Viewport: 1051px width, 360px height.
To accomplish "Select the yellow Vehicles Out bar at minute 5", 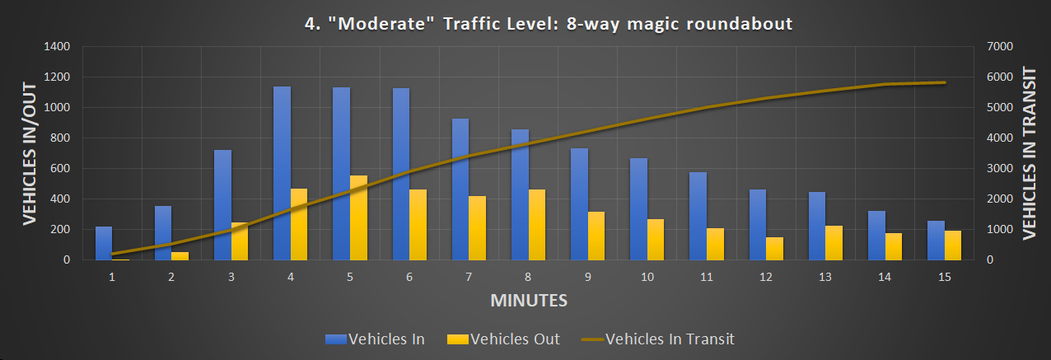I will point(359,217).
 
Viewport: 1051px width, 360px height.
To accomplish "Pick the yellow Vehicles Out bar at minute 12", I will point(775,248).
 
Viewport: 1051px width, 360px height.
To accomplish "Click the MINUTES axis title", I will point(529,300).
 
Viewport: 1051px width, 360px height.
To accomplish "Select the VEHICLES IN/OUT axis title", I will point(30,153).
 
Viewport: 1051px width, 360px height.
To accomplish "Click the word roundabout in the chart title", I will point(740,24).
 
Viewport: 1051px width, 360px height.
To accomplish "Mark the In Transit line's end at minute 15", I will point(945,82).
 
